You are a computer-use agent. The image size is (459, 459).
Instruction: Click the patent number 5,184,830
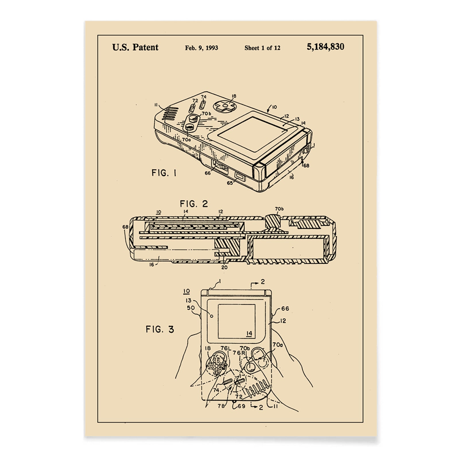(x=325, y=47)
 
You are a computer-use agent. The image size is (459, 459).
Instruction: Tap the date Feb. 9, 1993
(x=201, y=48)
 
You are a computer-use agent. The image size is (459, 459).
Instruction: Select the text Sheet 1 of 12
(x=262, y=48)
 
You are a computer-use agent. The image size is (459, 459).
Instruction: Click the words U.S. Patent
(x=135, y=47)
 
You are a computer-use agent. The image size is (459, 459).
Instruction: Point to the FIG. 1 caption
(x=164, y=173)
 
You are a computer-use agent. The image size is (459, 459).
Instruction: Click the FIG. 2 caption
(x=194, y=204)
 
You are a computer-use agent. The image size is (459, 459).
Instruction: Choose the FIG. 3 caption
(x=160, y=329)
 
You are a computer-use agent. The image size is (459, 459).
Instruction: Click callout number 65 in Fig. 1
(x=230, y=182)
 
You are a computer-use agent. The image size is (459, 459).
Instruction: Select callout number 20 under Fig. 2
(x=224, y=267)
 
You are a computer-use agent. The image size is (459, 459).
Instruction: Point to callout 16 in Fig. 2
(x=151, y=264)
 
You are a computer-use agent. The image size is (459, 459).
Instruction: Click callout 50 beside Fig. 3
(x=191, y=308)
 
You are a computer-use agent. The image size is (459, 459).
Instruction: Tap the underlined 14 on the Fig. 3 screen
(x=249, y=333)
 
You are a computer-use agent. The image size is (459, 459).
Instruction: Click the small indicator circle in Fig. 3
(x=212, y=316)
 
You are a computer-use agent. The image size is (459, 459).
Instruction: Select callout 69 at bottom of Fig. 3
(x=241, y=406)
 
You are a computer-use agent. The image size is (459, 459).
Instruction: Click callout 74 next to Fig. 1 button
(x=204, y=97)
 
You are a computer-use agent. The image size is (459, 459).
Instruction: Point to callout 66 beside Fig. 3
(x=285, y=309)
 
